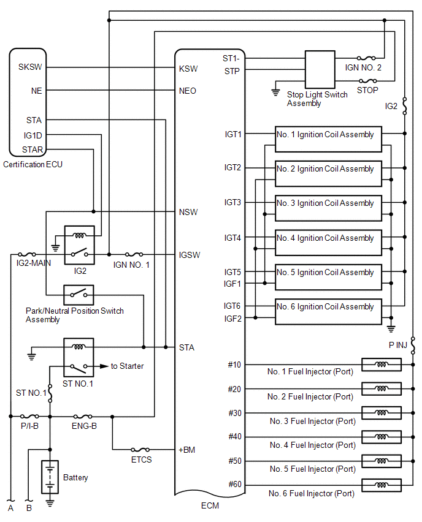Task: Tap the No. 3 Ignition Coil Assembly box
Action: pyautogui.click(x=328, y=208)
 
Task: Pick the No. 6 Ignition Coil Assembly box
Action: pyautogui.click(x=328, y=312)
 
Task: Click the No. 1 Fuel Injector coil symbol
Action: pyautogui.click(x=381, y=365)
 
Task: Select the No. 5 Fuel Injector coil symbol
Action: pyautogui.click(x=381, y=461)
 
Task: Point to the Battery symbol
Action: pyautogui.click(x=50, y=477)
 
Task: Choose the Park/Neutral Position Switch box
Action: pyautogui.click(x=79, y=295)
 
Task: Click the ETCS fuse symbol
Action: pyautogui.click(x=140, y=450)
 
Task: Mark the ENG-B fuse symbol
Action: pyautogui.click(x=83, y=416)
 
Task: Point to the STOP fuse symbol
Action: pyautogui.click(x=367, y=81)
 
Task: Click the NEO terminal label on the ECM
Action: pyautogui.click(x=188, y=91)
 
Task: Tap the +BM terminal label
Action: pyautogui.click(x=187, y=450)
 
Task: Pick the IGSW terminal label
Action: pyautogui.click(x=190, y=254)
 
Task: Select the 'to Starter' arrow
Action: pyautogui.click(x=99, y=366)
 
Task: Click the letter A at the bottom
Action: pyautogui.click(x=10, y=509)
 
